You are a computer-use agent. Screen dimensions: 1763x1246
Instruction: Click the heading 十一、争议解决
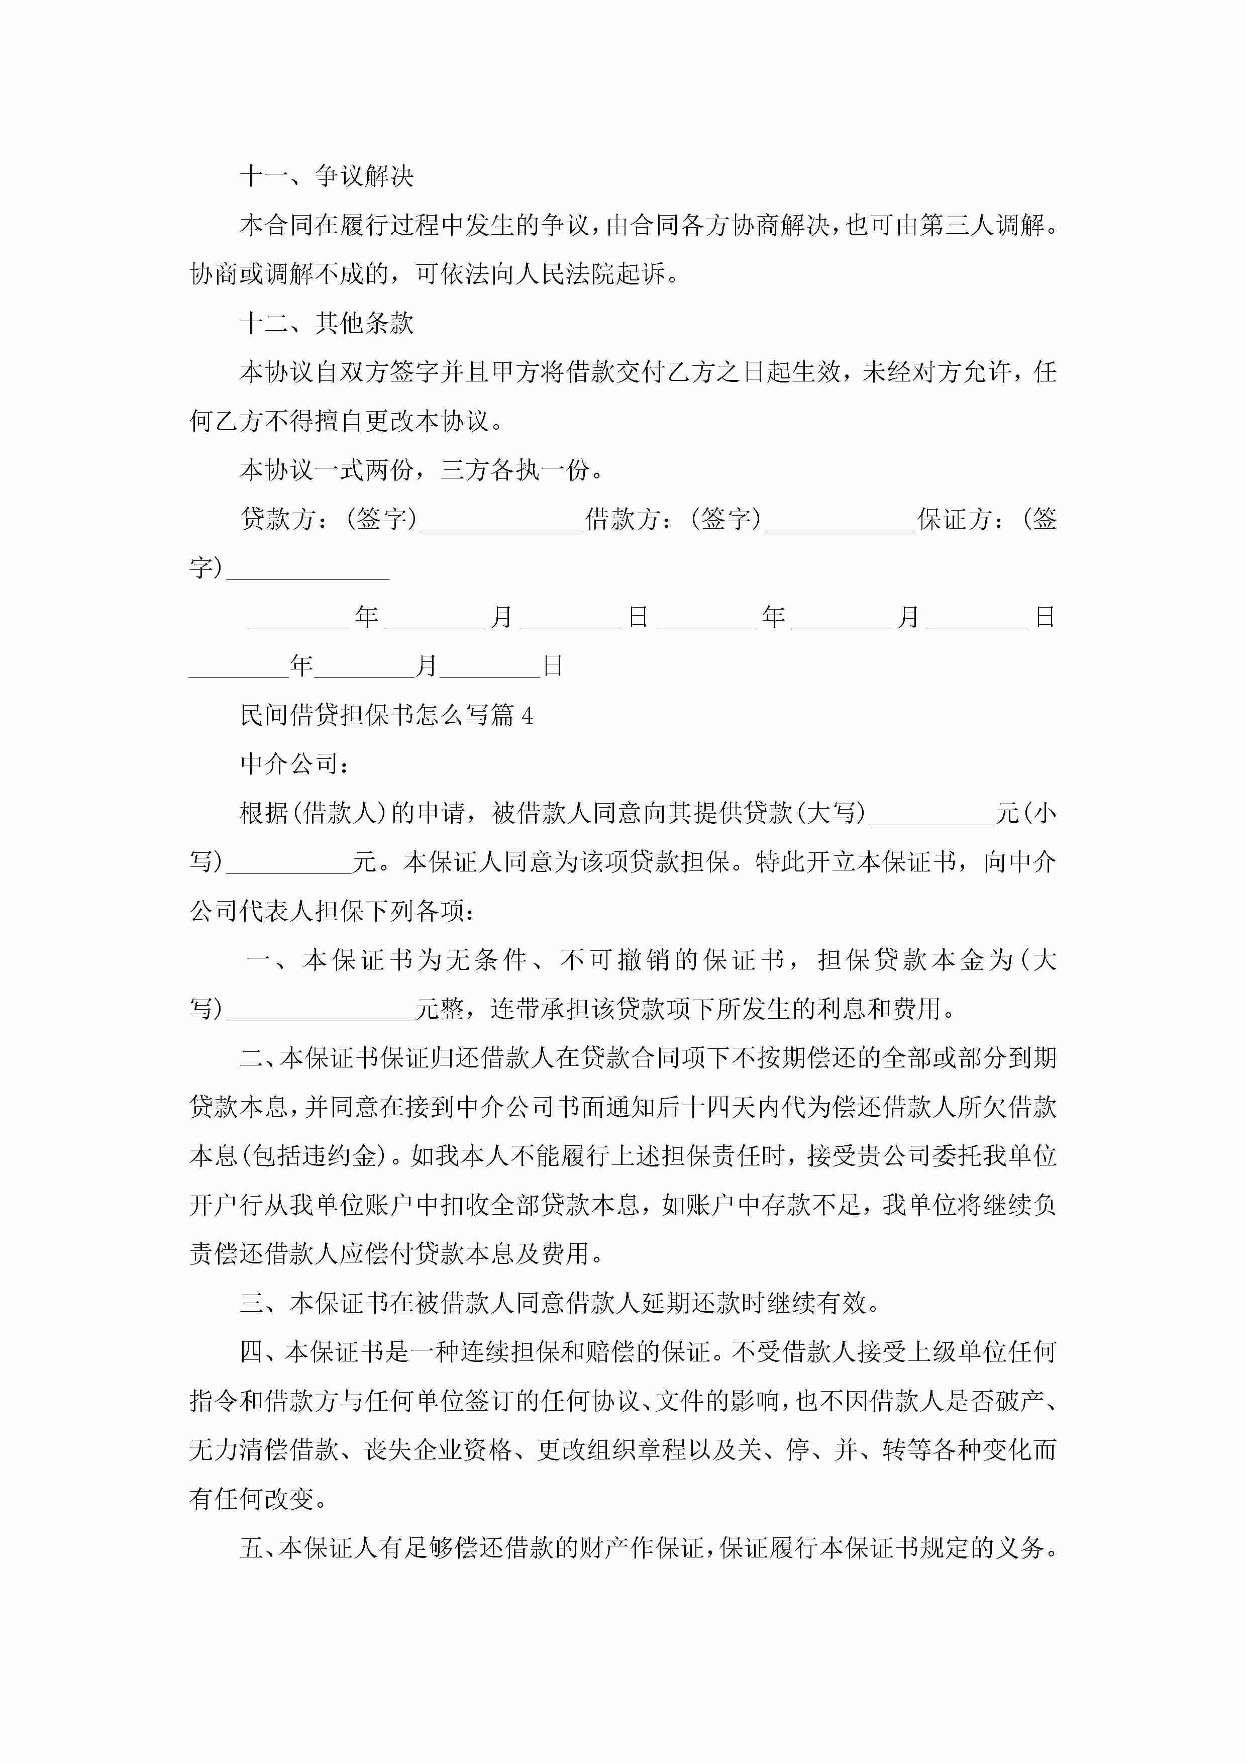(x=326, y=176)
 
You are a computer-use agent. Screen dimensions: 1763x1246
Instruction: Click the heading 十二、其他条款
(x=326, y=323)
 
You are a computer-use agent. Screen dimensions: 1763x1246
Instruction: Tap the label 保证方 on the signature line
(x=954, y=519)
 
